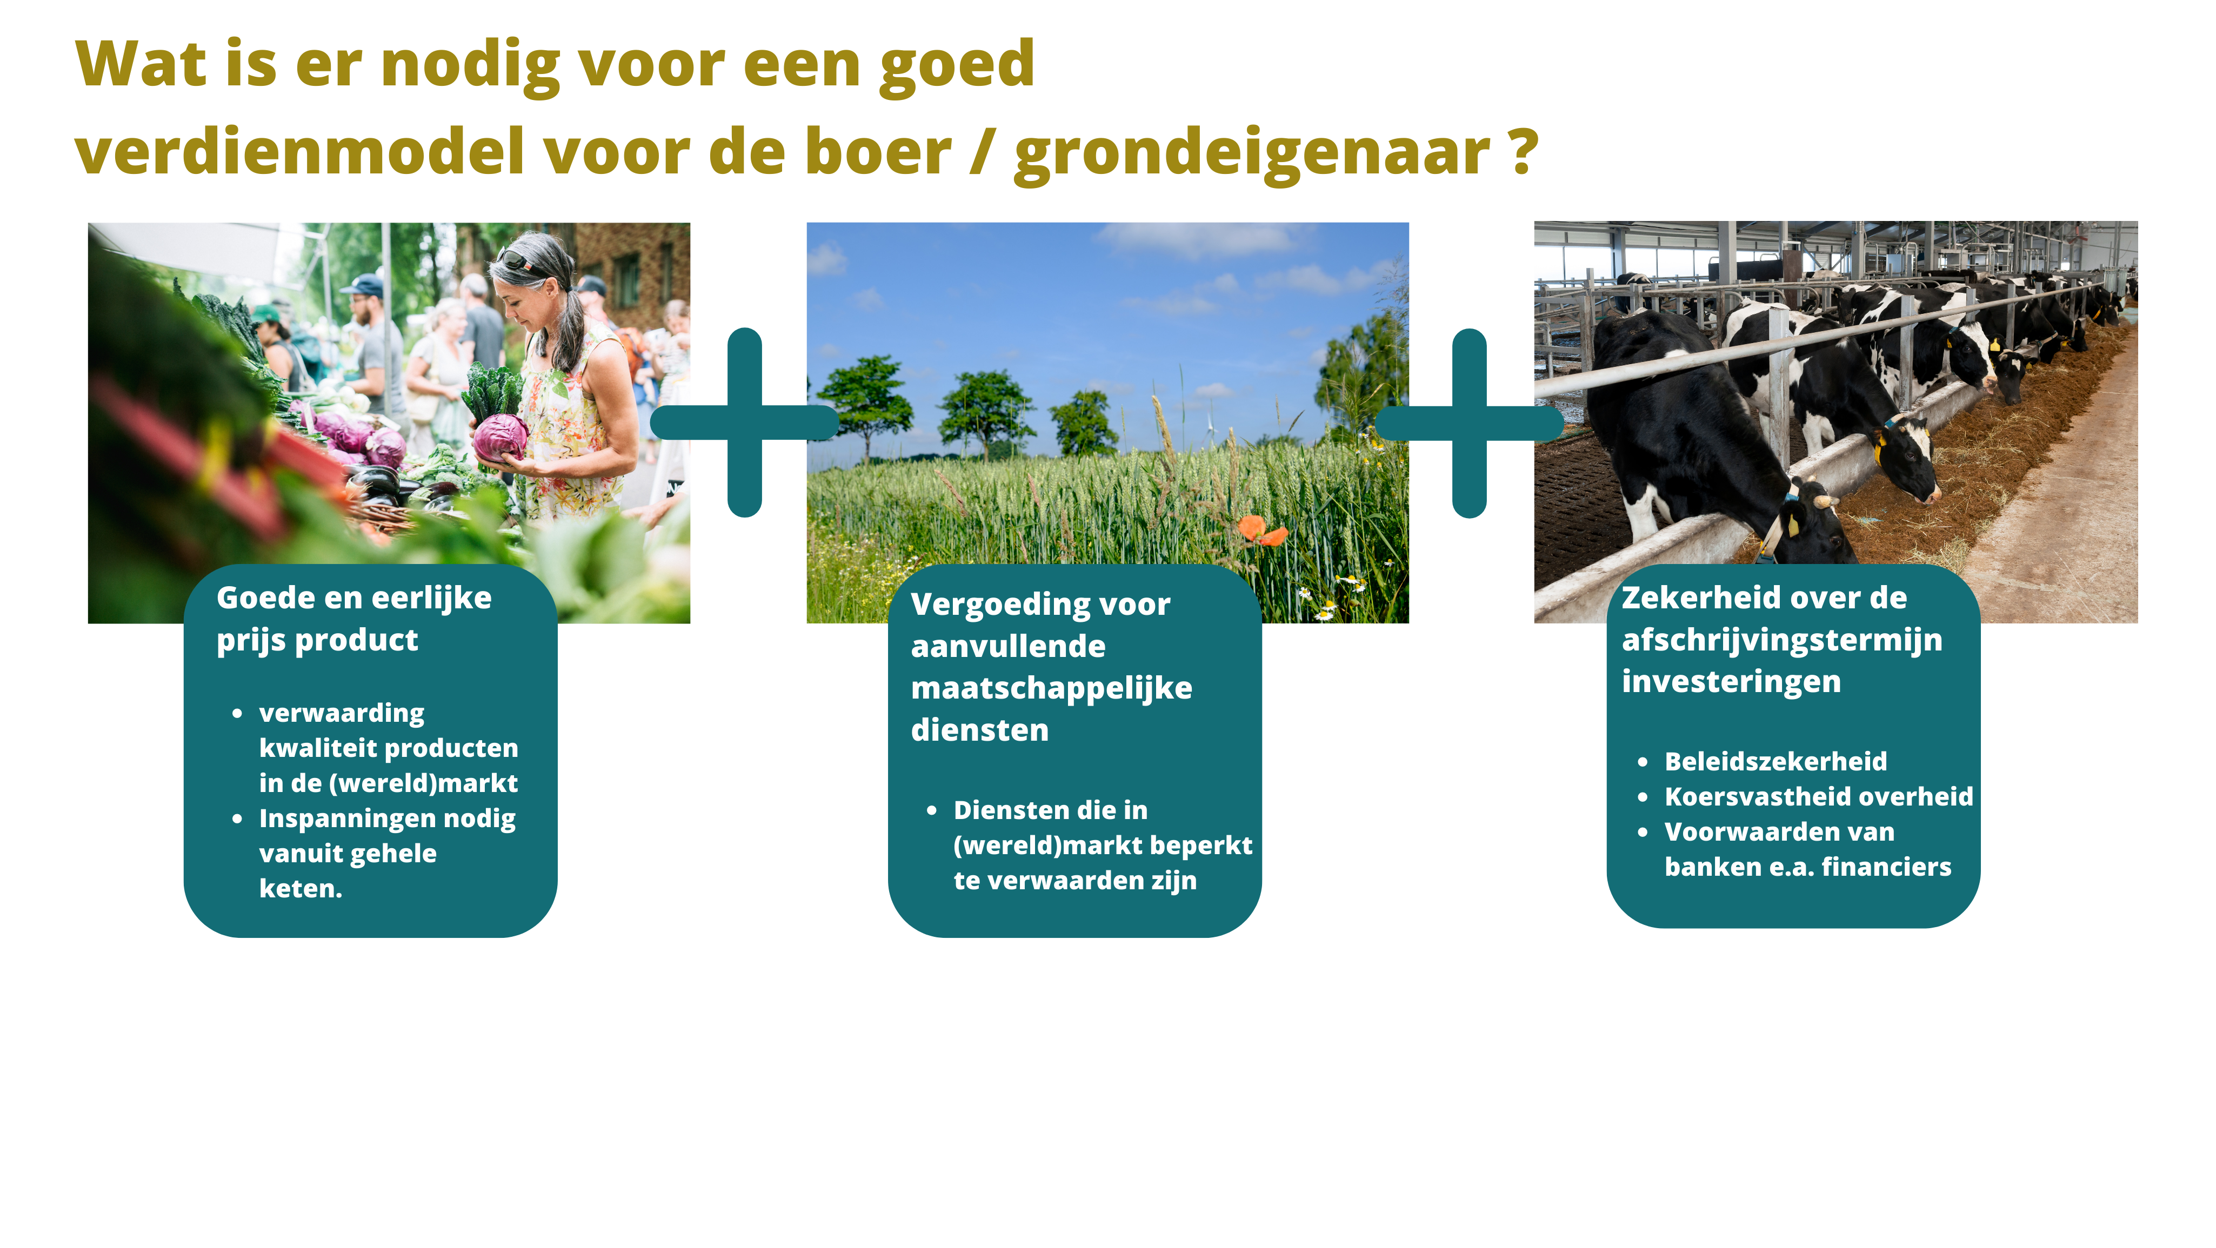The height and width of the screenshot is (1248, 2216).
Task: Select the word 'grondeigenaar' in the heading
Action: click(x=1252, y=155)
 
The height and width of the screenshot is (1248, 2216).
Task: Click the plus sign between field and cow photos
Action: click(x=1469, y=422)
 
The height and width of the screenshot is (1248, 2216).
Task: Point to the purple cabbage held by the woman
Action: click(x=500, y=437)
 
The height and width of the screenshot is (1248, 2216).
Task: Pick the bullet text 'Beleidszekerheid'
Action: click(x=1776, y=761)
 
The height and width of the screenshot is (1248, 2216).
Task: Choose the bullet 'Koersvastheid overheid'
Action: click(x=1819, y=796)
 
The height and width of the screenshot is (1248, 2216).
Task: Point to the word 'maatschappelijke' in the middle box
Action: click(x=1051, y=689)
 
